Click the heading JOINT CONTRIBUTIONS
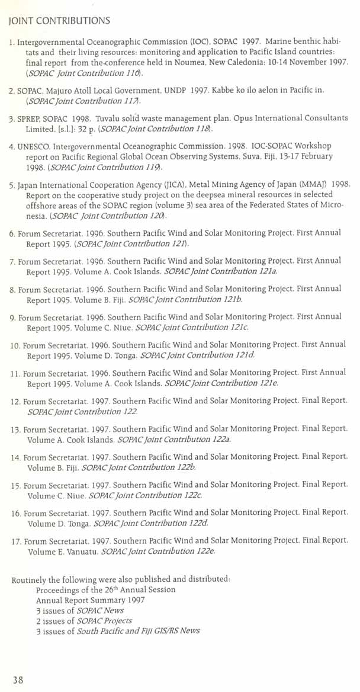(x=59, y=21)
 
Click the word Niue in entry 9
(x=124, y=328)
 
